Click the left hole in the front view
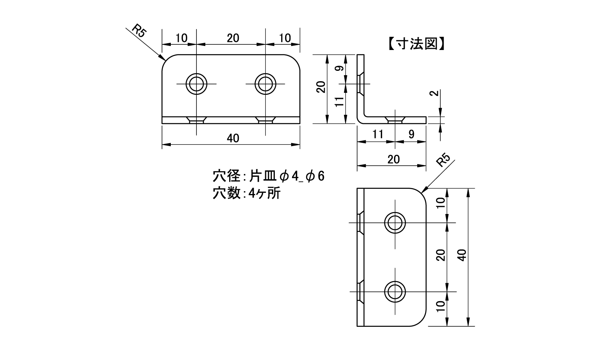point(196,84)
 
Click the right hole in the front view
point(265,84)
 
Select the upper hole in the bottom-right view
point(394,222)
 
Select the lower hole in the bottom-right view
point(394,291)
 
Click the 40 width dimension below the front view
point(233,138)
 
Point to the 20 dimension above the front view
point(233,38)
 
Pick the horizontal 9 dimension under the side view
point(411,134)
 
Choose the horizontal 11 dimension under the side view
point(377,134)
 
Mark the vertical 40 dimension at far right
point(463,255)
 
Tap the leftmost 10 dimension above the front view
point(181,38)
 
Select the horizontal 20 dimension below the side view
point(394,159)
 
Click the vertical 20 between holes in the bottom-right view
point(441,255)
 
